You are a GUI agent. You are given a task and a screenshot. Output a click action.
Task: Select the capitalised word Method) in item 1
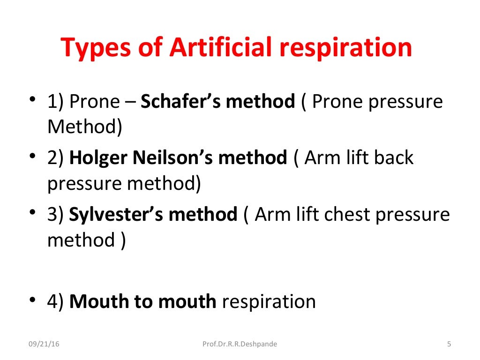(x=84, y=127)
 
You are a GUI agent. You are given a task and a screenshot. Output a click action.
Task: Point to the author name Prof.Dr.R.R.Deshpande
(x=240, y=345)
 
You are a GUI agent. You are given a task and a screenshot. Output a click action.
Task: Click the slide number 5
(x=449, y=345)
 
